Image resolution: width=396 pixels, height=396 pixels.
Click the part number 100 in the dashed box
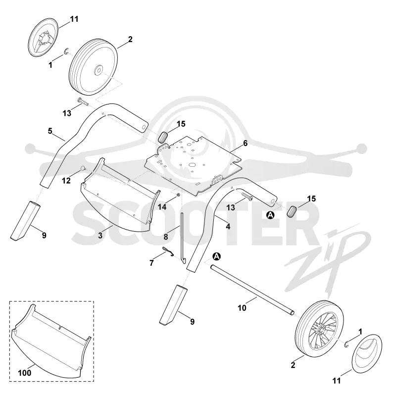(x=25, y=373)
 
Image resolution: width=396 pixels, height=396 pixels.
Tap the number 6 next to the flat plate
(x=245, y=143)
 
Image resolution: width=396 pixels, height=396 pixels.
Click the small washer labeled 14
(x=178, y=195)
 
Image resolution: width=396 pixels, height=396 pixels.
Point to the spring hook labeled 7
(x=168, y=251)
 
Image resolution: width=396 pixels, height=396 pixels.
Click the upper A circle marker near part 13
(x=270, y=215)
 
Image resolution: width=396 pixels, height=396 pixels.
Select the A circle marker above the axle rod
(x=217, y=256)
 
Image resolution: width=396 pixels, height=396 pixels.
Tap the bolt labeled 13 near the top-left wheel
(x=83, y=101)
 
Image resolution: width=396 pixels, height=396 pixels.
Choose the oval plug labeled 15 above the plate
(x=163, y=137)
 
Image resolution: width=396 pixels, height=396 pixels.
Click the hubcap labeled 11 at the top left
(x=43, y=37)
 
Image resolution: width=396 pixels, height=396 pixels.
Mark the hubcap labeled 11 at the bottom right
(x=366, y=353)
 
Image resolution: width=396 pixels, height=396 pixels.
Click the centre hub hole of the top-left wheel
(x=98, y=70)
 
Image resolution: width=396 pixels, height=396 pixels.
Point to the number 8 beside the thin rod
(x=166, y=237)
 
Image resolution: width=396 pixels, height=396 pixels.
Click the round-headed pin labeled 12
(x=83, y=168)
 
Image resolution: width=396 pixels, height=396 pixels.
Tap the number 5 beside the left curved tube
(x=50, y=131)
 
